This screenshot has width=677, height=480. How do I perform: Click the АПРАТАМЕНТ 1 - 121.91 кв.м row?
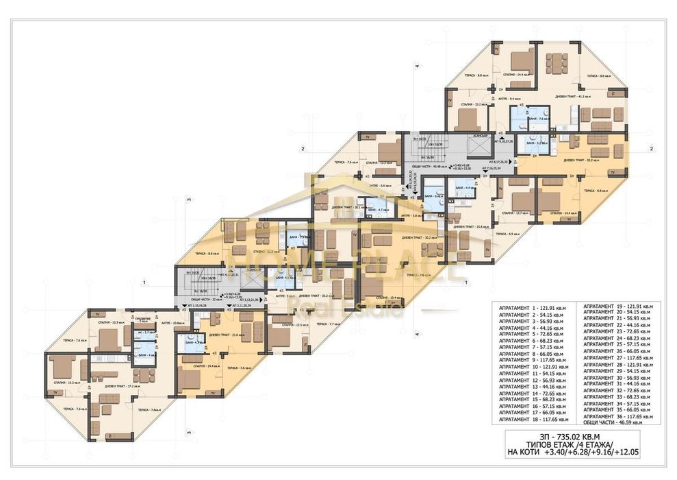(535, 310)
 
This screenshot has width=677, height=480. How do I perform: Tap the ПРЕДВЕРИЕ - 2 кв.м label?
(144, 320)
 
